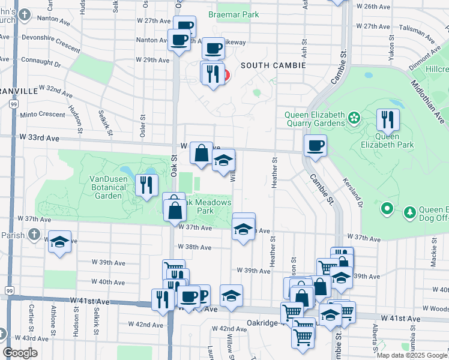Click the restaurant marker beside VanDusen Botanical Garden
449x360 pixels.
145,185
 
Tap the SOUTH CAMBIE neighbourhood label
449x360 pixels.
273,65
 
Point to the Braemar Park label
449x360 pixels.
234,14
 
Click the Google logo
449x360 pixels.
20,353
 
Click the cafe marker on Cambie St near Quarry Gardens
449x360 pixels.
315,146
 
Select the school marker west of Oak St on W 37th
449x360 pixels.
59,242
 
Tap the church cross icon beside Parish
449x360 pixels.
35,234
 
